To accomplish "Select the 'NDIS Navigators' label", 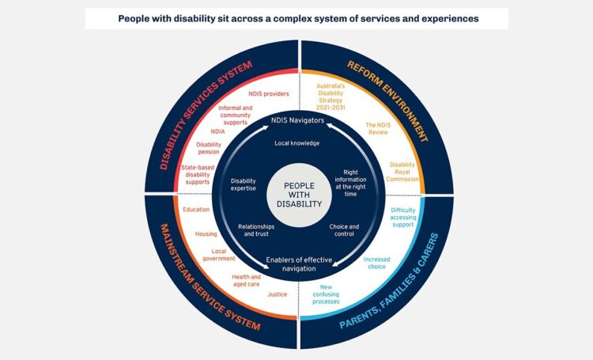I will (x=296, y=121).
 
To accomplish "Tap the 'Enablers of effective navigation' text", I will (x=296, y=263).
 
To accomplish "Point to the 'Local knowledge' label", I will (x=296, y=143).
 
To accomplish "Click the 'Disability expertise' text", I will (x=243, y=184).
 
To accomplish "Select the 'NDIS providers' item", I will (x=263, y=93).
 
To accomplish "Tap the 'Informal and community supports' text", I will (x=235, y=115).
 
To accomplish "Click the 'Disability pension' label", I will (x=209, y=148).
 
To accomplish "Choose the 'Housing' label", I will (x=206, y=234).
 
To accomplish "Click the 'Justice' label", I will (x=278, y=294).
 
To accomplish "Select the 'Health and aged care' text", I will (x=246, y=281).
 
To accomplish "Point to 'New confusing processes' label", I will (x=325, y=294).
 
